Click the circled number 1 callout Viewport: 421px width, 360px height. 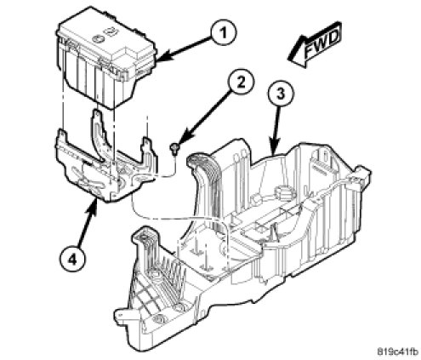coord(224,33)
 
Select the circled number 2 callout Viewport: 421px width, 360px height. coord(241,83)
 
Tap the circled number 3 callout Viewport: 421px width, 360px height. coord(280,93)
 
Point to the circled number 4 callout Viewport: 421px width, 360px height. coord(72,259)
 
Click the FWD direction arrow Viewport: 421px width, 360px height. coord(314,44)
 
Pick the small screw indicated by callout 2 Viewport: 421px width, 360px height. coord(174,149)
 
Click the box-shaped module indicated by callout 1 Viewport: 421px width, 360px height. coord(105,57)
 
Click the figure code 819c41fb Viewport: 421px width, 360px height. coord(397,351)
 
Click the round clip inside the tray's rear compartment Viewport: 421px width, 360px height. coord(286,194)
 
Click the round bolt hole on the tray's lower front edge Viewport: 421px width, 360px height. coord(156,318)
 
